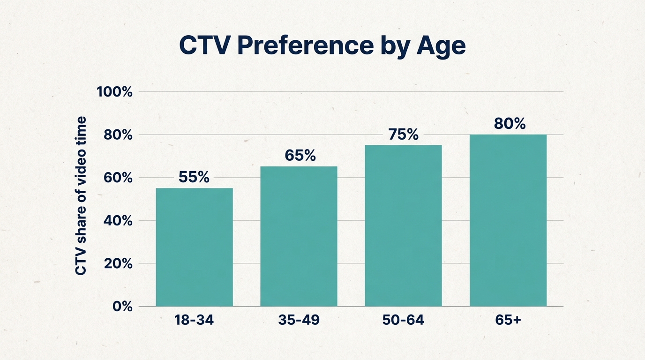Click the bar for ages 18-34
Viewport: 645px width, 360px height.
point(194,247)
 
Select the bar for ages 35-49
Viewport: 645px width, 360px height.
point(299,236)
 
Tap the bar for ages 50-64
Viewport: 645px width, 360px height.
point(403,225)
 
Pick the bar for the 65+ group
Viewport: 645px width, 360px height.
point(508,220)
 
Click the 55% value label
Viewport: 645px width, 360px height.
point(194,177)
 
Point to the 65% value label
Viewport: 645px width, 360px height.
point(300,156)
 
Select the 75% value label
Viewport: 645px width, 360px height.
point(404,135)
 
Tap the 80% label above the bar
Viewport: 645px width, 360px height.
point(510,124)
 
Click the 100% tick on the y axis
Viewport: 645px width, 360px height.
point(114,92)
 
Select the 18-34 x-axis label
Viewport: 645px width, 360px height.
point(194,321)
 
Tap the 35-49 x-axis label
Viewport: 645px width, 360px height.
point(299,321)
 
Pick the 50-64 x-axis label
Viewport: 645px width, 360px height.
point(403,321)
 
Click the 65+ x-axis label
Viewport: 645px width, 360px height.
point(508,321)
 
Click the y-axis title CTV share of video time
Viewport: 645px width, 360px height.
point(81,196)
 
